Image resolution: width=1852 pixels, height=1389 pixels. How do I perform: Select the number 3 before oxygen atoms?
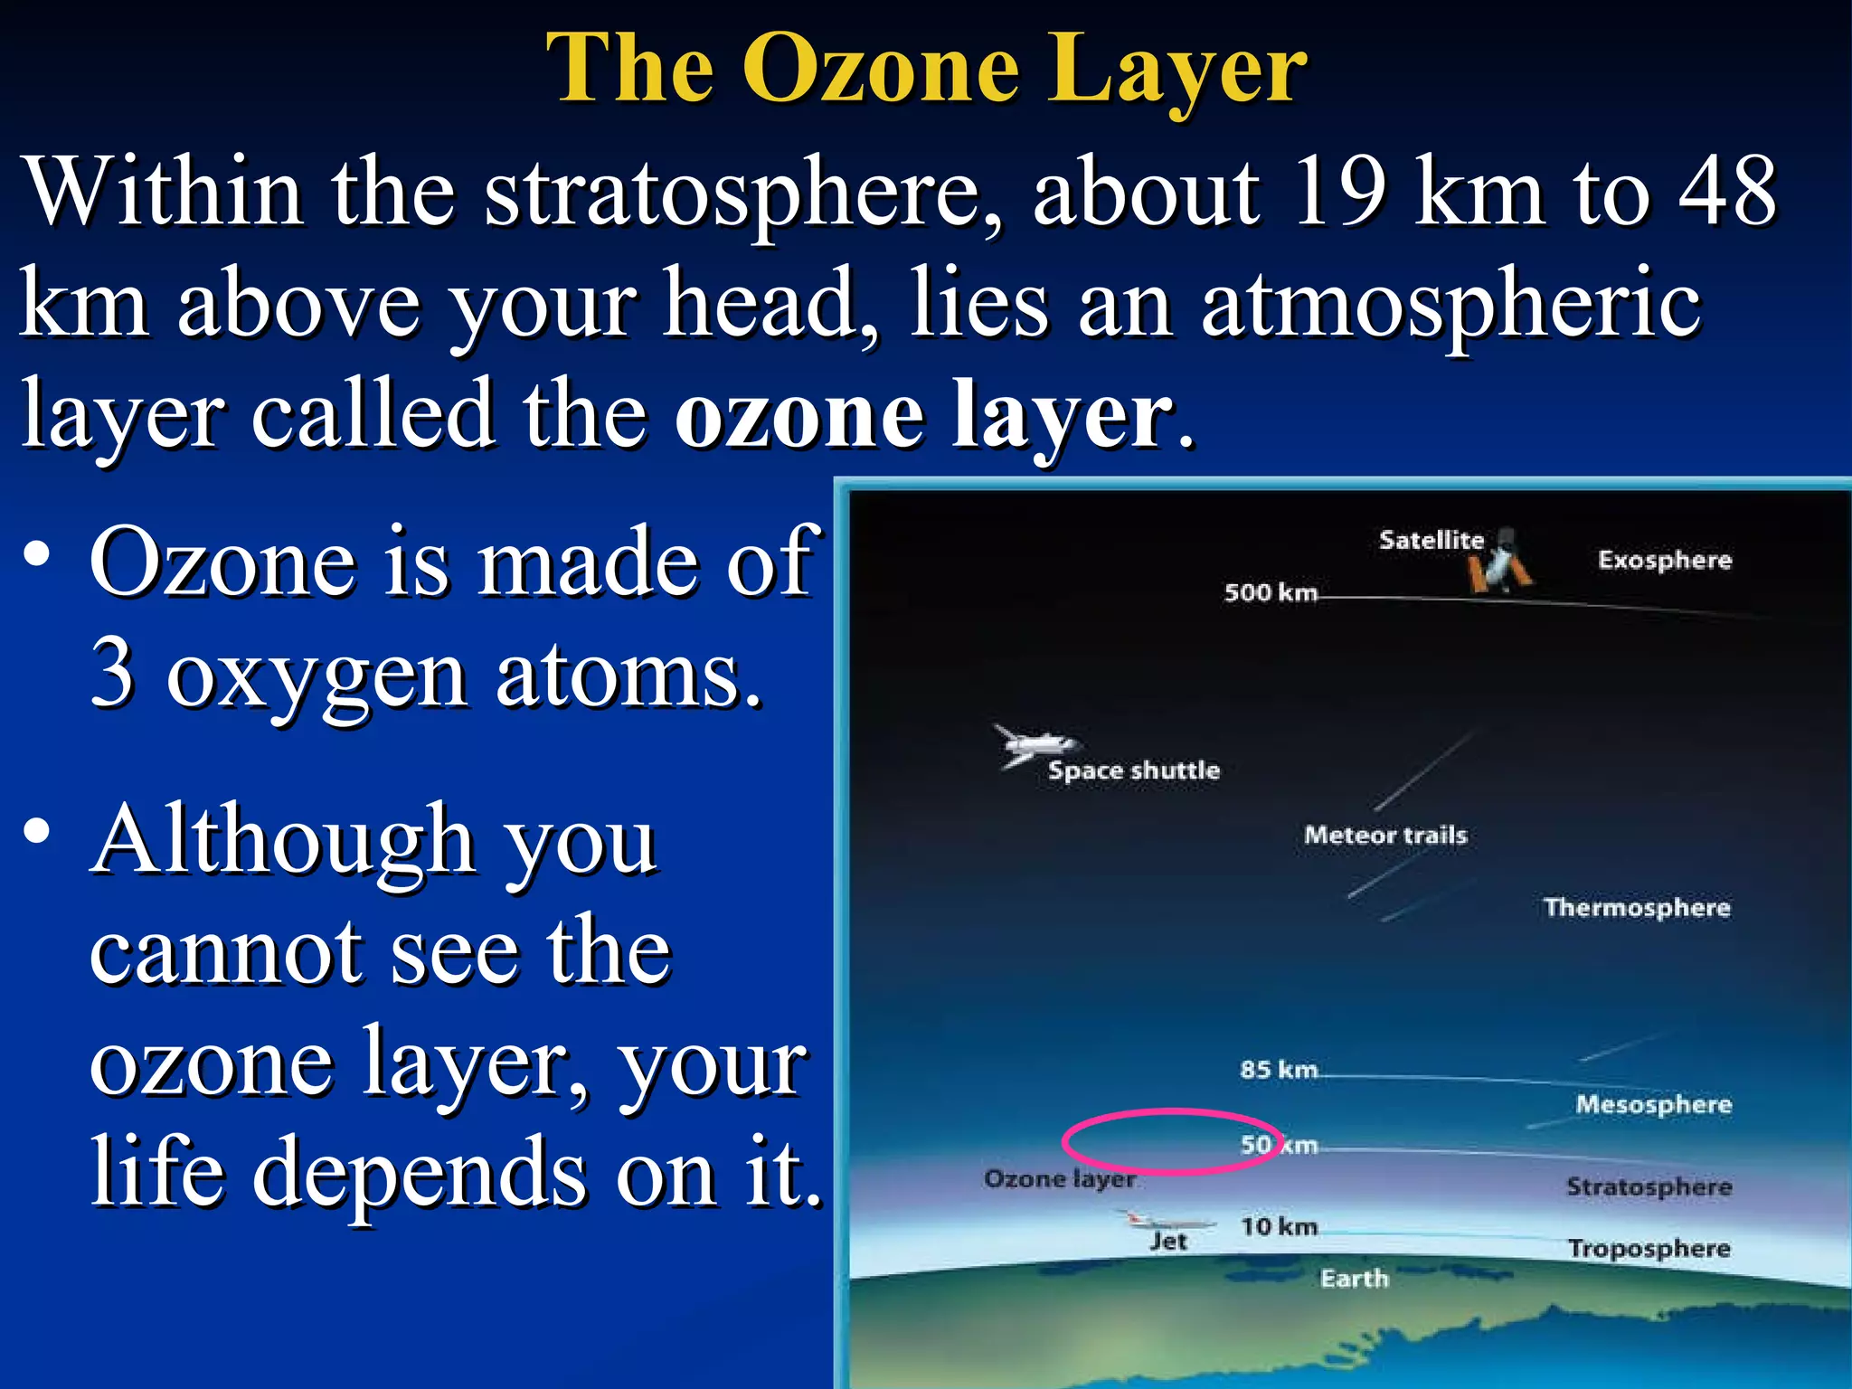tap(112, 673)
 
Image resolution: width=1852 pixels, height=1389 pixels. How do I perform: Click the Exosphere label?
tap(1664, 560)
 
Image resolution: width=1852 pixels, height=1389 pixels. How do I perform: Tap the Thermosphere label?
tap(1636, 907)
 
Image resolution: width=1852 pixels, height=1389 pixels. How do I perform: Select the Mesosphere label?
tap(1653, 1104)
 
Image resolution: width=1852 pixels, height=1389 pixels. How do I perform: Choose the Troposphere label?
tap(1649, 1249)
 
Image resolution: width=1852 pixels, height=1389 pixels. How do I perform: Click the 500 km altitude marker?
tap(1270, 592)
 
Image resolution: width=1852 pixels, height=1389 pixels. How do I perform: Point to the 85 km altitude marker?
tap(1278, 1070)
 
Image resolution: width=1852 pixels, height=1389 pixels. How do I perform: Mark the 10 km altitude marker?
tap(1278, 1227)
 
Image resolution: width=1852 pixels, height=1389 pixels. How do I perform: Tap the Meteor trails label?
tap(1384, 835)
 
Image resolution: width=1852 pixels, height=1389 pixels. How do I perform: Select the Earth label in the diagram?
tap(1354, 1279)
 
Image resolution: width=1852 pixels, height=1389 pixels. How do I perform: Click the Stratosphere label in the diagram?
tap(1649, 1186)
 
